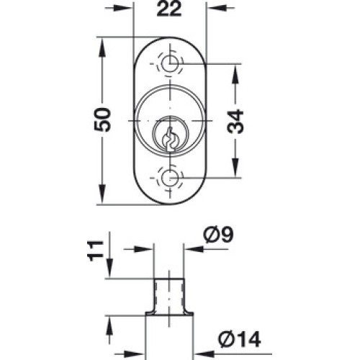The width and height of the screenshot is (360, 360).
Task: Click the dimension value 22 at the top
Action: click(x=169, y=9)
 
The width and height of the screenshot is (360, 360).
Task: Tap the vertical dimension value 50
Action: click(x=102, y=120)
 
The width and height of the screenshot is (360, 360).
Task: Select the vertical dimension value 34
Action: click(x=235, y=121)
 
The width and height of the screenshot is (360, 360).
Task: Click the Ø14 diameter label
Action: click(x=239, y=340)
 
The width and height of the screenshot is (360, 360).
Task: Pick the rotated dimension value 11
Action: click(x=96, y=251)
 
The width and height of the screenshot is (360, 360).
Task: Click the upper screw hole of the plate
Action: click(x=170, y=63)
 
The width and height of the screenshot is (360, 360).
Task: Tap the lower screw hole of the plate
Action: click(x=170, y=178)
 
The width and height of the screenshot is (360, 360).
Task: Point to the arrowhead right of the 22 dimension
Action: click(x=217, y=8)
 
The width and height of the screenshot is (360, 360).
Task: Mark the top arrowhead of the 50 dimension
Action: click(x=102, y=48)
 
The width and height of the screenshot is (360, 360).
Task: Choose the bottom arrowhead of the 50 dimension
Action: click(x=102, y=194)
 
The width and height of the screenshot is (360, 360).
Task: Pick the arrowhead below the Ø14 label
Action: click(x=204, y=354)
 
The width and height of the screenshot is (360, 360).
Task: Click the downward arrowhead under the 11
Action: click(x=109, y=269)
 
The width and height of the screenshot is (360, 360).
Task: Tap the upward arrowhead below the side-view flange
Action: click(x=109, y=325)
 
